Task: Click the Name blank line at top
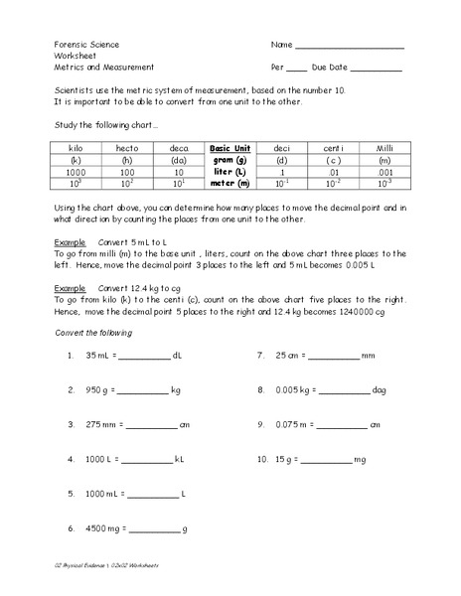coord(350,47)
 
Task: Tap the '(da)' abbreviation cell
coord(179,159)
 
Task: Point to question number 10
coord(262,460)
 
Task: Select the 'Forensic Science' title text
coord(85,46)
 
